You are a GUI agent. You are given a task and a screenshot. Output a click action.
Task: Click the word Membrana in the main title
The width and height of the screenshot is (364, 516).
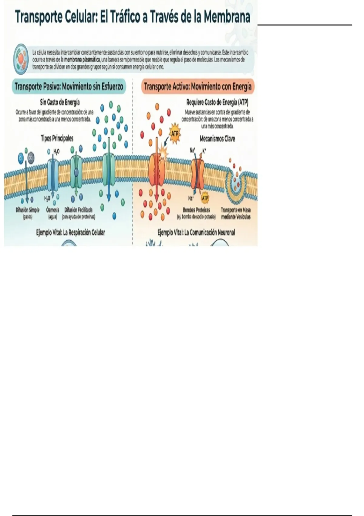click(227, 17)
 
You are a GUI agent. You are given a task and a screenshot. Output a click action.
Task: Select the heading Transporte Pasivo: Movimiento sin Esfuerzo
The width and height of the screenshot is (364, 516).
click(69, 87)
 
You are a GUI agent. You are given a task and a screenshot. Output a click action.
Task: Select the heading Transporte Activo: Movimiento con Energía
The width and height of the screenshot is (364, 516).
click(198, 87)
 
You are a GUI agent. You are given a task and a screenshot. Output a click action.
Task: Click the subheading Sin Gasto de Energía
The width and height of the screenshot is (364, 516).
click(60, 102)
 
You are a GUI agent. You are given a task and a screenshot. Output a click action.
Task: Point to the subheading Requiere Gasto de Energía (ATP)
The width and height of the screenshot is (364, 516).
click(217, 102)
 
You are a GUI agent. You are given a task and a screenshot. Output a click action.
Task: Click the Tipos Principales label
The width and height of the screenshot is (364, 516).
click(57, 138)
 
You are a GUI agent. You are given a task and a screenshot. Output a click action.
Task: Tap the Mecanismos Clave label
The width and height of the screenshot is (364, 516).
click(217, 139)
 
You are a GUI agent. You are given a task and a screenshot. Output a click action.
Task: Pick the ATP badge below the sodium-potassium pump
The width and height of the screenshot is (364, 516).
click(205, 198)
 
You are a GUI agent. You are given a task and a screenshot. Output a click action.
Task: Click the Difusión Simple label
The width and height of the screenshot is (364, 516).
click(28, 210)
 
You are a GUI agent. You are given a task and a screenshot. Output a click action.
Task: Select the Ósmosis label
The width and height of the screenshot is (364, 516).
click(53, 210)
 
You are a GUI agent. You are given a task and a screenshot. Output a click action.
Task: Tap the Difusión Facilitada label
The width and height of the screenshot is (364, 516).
click(78, 210)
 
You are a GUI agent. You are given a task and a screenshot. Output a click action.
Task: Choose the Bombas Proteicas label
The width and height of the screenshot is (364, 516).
click(196, 210)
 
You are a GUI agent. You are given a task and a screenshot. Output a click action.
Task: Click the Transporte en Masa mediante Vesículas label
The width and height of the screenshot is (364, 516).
click(236, 213)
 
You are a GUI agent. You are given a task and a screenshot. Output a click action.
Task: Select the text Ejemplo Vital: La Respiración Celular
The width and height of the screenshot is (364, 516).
click(71, 233)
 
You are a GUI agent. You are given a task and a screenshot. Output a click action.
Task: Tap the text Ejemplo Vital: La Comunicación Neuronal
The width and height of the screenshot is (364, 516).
click(196, 233)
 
